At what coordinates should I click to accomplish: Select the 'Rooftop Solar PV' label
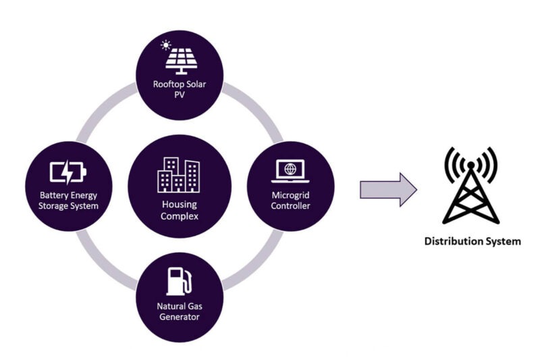coord(180,89)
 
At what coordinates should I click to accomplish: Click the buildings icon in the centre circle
coord(178,176)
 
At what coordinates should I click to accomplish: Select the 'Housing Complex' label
coord(179,211)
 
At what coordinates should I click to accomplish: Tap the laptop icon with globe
coord(290,170)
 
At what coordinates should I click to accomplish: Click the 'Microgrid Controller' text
coord(290,201)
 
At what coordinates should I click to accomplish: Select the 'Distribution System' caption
coord(472,241)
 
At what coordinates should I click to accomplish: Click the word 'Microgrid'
coord(290,195)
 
